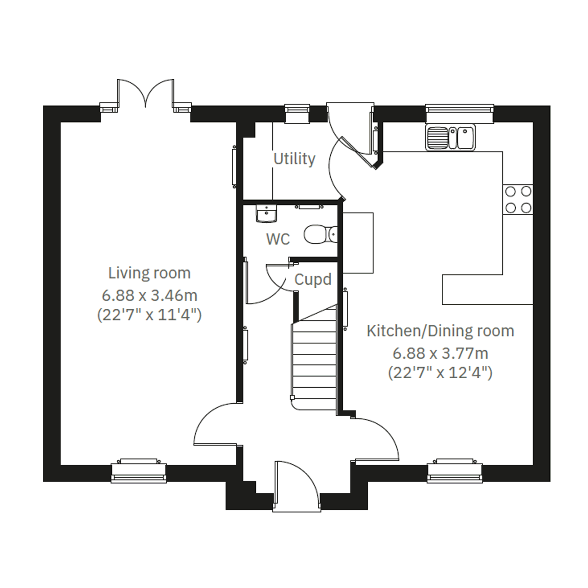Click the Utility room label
click(294, 159)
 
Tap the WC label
click(278, 239)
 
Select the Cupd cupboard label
click(313, 279)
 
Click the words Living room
click(150, 273)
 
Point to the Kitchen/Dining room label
click(440, 331)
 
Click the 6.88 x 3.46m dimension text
click(150, 296)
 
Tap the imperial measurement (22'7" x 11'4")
click(150, 315)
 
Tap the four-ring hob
click(518, 200)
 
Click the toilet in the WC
click(321, 234)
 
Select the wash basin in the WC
click(266, 214)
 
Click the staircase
click(314, 359)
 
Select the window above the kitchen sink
click(460, 114)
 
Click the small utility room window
click(297, 114)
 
